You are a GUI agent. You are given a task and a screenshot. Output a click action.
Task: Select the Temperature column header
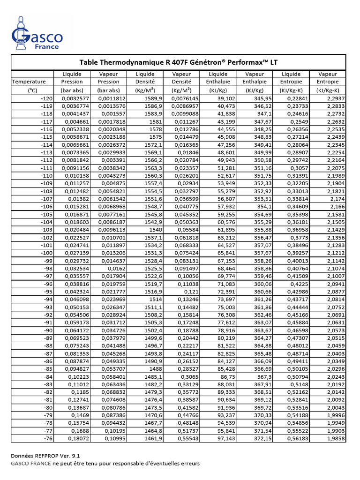point(29,82)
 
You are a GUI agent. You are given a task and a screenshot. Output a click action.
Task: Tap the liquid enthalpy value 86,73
point(227,377)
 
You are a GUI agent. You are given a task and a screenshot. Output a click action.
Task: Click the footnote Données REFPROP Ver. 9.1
point(42,456)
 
